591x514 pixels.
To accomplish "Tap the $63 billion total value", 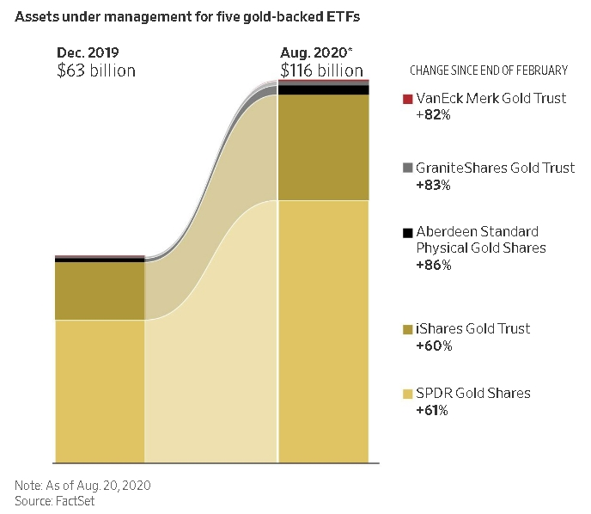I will (x=95, y=70).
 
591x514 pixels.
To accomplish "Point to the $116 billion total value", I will (x=321, y=70).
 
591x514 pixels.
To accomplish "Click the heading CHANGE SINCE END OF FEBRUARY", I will (x=489, y=70).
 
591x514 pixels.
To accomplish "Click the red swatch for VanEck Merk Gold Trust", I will (x=407, y=99).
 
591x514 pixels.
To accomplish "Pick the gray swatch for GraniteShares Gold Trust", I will (x=407, y=168).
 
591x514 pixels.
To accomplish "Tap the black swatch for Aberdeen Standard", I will (x=407, y=232).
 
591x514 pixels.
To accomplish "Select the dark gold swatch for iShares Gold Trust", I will (x=407, y=329).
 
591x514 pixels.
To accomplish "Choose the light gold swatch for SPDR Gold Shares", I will (x=407, y=394).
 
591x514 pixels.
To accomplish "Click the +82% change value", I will (x=433, y=114).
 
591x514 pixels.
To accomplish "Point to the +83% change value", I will (x=433, y=184).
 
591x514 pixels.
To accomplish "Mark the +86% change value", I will (x=433, y=265).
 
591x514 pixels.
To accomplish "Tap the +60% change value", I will (x=433, y=346).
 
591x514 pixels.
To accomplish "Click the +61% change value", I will (x=433, y=410).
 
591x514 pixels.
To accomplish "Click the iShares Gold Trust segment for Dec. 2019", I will (x=100, y=291).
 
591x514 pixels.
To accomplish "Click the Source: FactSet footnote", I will (x=55, y=501).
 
